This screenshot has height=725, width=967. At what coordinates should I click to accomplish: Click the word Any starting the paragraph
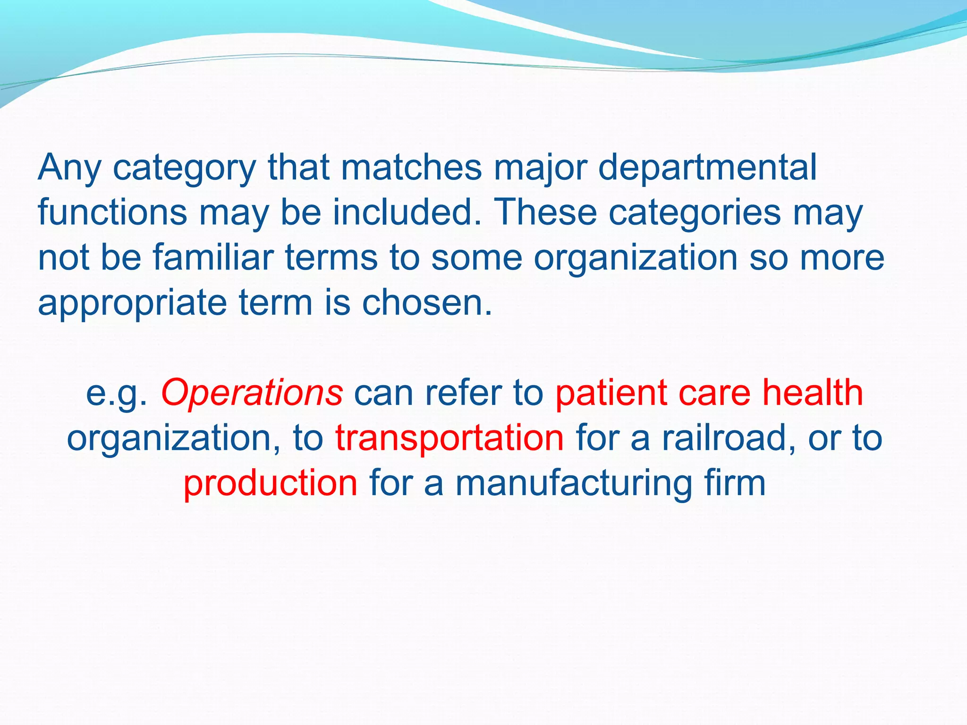pos(69,168)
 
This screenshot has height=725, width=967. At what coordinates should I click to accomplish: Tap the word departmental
pos(707,168)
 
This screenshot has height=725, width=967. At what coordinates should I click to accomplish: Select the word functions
pos(112,212)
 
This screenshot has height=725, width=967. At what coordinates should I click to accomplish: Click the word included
pos(407,212)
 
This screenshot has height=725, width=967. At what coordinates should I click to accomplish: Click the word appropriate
pos(132,303)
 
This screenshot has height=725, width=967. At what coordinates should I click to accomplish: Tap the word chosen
pos(427,303)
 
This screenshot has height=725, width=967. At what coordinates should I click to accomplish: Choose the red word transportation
pos(450,438)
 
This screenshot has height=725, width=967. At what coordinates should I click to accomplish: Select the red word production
pos(270,483)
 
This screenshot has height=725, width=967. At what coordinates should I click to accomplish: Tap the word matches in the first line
pos(411,168)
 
